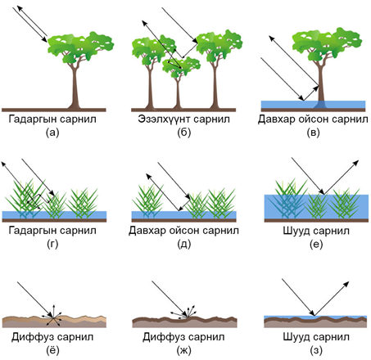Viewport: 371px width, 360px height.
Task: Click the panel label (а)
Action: click(52, 133)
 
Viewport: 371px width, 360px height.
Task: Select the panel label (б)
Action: click(183, 133)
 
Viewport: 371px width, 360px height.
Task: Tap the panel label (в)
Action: click(313, 133)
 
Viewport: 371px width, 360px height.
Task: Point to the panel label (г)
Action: click(52, 244)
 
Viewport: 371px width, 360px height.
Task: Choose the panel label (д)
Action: click(183, 244)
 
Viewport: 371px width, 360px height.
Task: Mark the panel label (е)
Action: click(316, 244)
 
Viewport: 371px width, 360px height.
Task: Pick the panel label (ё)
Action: click(52, 350)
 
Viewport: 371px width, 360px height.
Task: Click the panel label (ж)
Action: click(183, 350)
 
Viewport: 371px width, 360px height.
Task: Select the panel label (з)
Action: click(316, 350)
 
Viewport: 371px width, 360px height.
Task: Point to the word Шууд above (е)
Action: click(296, 231)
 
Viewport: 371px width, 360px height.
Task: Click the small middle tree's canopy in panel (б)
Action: click(181, 66)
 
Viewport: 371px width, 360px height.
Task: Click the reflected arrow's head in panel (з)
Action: click(346, 284)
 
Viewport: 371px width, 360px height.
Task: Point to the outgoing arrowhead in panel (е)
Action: click(355, 164)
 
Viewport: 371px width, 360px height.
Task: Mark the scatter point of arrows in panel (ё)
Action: click(52, 317)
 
